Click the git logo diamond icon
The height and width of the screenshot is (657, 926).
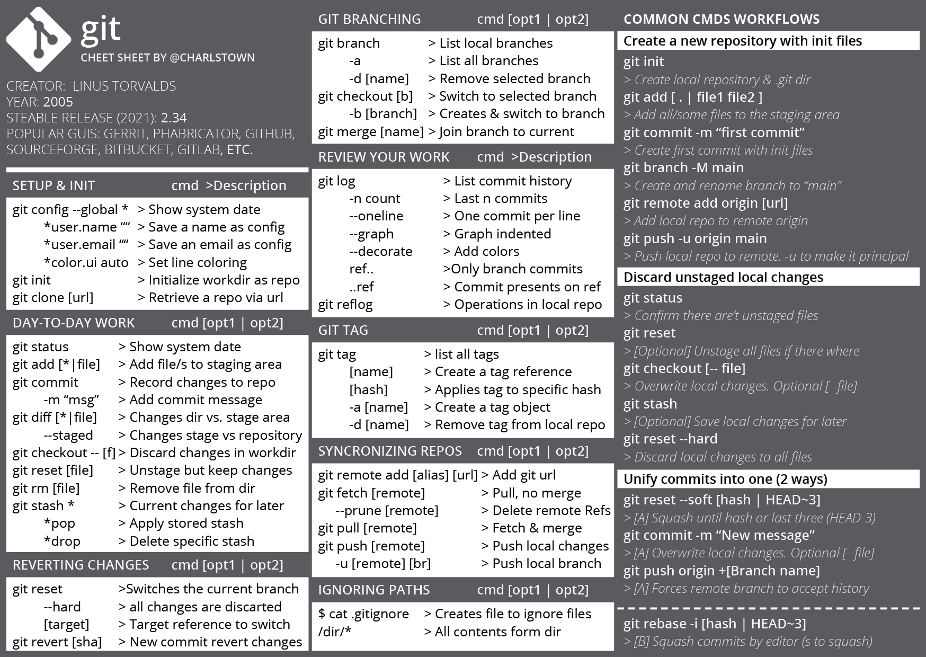coord(39,40)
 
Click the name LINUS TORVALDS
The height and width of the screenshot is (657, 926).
coord(124,86)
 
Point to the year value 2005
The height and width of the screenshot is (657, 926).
coord(58,102)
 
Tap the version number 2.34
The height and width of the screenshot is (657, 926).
coord(173,118)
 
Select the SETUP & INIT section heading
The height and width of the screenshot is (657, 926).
coord(54,185)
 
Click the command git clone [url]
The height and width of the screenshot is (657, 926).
coord(53,298)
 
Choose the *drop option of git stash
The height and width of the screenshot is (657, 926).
coord(62,541)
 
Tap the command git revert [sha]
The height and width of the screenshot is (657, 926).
coord(57,642)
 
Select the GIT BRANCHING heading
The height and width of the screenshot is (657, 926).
coord(369,19)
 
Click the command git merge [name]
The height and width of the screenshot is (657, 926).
coord(370,131)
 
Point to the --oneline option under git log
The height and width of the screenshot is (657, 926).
coord(376,216)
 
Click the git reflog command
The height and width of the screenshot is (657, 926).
coord(345,305)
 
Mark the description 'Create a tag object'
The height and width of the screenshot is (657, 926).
coord(492,407)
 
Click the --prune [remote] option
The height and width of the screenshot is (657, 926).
coord(387,510)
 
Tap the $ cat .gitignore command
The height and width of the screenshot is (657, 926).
coord(363,614)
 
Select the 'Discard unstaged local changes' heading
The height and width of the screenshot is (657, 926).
coord(723,277)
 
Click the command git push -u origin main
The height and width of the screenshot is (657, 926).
coord(694,238)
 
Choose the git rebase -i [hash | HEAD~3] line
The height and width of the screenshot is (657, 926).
coord(714,624)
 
